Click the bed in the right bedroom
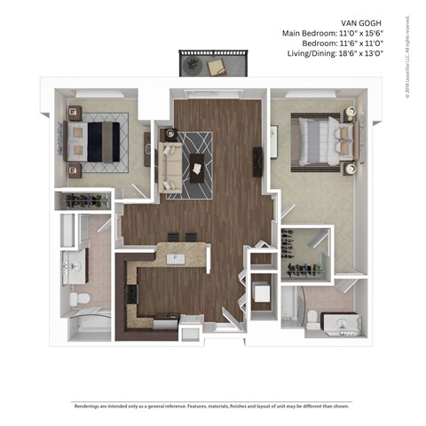click(x=320, y=138)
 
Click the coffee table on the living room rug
click(x=196, y=165)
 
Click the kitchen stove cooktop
click(x=132, y=293)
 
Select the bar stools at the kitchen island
click(x=181, y=237)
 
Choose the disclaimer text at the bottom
click(x=213, y=408)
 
